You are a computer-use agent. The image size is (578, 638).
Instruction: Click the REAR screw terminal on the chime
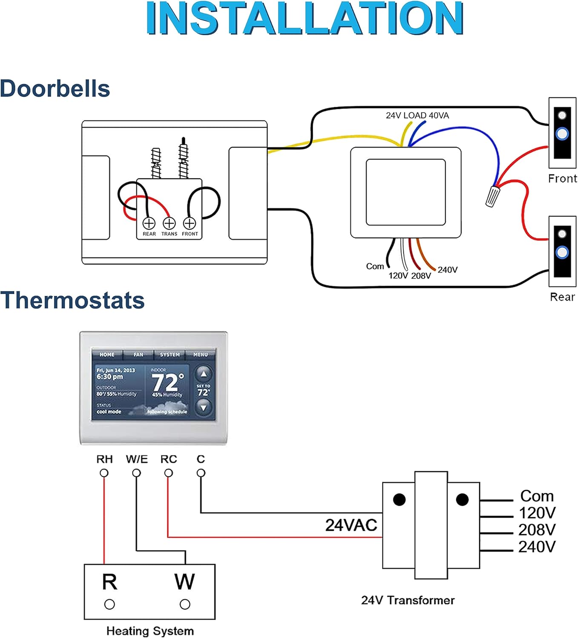pos(149,223)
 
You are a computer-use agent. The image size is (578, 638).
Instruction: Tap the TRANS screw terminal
pos(169,223)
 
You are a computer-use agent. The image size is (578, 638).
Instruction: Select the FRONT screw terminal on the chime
pos(190,223)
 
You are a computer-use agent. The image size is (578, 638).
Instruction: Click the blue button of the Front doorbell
pos(562,134)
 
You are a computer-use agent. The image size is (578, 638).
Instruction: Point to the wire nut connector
pos(492,197)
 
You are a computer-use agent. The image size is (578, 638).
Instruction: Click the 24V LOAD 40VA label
pos(417,115)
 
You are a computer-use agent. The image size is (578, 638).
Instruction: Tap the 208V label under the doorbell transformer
pos(421,276)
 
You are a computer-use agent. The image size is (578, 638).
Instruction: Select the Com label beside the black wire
pos(375,266)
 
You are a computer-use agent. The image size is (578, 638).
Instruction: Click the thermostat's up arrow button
pos(204,374)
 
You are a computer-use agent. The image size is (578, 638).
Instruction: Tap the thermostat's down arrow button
pos(204,408)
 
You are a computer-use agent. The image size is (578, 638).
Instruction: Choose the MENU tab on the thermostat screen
pos(201,354)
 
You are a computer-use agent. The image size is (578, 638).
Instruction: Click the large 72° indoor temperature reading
pos(167,382)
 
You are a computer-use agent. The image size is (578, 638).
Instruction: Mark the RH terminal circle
pos(104,473)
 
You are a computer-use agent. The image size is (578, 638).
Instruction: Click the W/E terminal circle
pos(136,473)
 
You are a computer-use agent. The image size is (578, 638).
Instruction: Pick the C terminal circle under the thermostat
pos(201,473)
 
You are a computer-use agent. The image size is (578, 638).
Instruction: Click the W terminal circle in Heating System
pos(185,604)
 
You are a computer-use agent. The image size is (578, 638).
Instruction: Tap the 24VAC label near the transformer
pos(351,525)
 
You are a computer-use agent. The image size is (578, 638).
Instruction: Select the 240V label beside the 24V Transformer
pos(537,547)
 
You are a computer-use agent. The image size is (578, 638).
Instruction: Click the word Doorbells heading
pos(55,89)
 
